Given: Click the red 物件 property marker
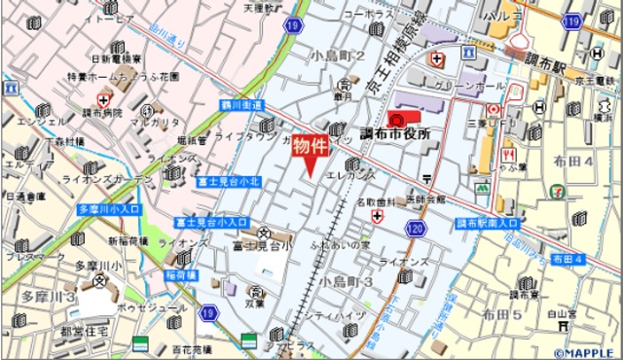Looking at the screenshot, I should pyautogui.click(x=311, y=149).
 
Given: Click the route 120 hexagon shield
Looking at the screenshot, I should pyautogui.click(x=416, y=229).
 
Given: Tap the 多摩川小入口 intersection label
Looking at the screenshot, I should pyautogui.click(x=109, y=208).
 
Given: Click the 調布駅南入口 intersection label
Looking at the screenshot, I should pyautogui.click(x=488, y=223).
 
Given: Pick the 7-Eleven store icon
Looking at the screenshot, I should pyautogui.click(x=556, y=192).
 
